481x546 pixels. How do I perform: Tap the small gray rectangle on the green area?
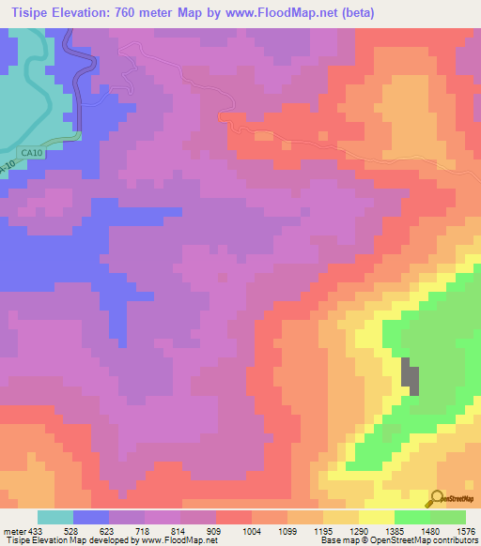tap(411, 376)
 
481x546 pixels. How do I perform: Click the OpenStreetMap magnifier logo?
tap(437, 499)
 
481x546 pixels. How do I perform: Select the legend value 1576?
tap(467, 531)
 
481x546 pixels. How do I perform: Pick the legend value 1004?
tap(251, 531)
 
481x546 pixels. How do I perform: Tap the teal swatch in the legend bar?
tap(55, 517)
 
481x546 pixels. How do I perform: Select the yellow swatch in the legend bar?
tap(377, 517)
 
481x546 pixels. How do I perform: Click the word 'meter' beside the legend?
tap(17, 531)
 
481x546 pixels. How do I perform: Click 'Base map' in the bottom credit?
tap(336, 540)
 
